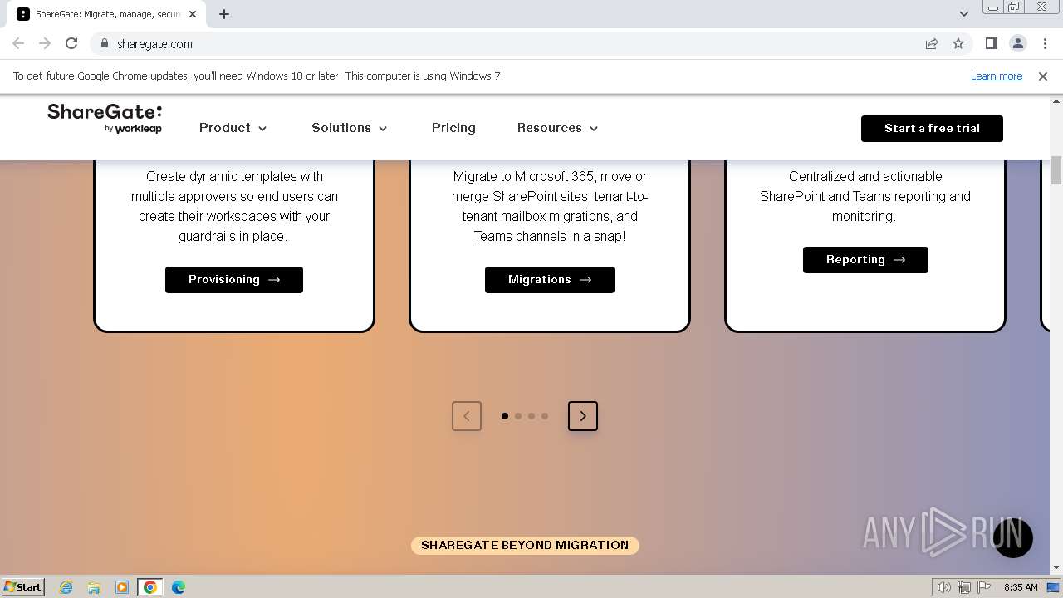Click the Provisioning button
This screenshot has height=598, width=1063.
point(233,280)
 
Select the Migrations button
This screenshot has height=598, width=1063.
point(549,280)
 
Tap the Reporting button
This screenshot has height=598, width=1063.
point(865,260)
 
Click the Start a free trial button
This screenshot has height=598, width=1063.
point(931,129)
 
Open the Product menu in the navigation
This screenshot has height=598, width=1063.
point(233,128)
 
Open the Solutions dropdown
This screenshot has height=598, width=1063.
point(349,128)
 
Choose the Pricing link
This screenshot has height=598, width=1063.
point(453,128)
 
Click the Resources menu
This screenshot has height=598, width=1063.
point(557,128)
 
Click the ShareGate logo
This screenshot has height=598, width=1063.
point(105,118)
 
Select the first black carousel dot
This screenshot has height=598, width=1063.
point(505,416)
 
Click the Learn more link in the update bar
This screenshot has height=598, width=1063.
point(996,76)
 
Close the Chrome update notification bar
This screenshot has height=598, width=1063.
point(1042,76)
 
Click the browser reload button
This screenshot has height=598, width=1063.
point(71,44)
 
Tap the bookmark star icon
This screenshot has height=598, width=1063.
point(958,44)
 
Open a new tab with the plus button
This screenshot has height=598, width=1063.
point(224,14)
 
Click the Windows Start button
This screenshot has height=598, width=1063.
point(23,587)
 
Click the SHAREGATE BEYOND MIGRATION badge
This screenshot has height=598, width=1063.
point(525,546)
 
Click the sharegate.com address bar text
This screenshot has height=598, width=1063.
point(154,44)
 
